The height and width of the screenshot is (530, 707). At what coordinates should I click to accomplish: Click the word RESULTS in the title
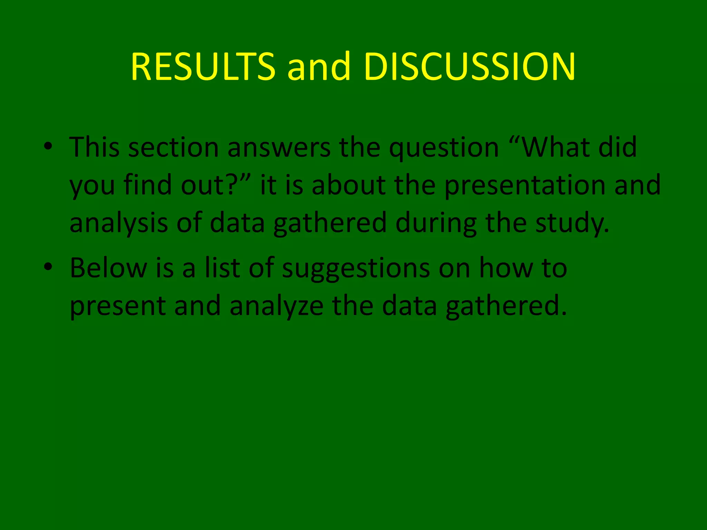tap(203, 67)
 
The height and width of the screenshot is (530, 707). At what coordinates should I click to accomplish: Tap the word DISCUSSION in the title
tap(469, 67)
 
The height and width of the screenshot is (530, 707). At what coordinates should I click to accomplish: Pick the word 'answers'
tap(279, 148)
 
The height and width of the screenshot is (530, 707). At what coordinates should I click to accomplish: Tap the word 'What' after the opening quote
tap(556, 147)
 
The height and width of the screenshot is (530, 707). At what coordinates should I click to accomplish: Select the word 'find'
tap(148, 185)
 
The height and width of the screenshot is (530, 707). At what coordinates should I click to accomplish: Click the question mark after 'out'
tap(232, 185)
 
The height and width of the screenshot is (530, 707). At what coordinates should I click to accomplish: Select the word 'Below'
tap(108, 268)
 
